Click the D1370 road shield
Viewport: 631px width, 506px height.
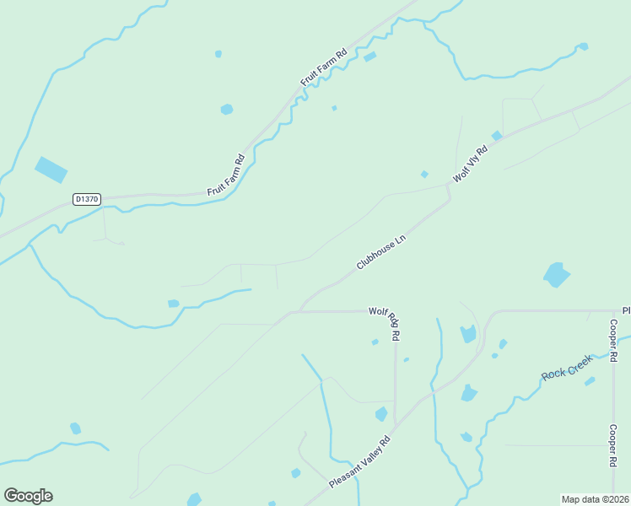86,200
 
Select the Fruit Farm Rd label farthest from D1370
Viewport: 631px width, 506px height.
325,68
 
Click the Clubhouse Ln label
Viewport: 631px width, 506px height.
381,252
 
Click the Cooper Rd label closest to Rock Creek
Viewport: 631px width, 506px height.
614,342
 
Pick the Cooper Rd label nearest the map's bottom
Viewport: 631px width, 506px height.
614,445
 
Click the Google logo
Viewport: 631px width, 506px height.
28,496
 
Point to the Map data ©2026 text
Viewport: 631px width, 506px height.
595,498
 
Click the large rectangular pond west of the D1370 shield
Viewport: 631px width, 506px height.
51,170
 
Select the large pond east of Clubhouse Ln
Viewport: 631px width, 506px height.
556,275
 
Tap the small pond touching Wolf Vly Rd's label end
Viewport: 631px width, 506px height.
497,136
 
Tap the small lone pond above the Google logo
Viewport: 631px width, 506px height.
75,428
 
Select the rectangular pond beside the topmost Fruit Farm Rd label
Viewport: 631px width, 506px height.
369,57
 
